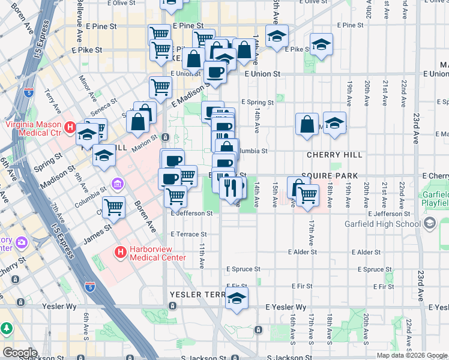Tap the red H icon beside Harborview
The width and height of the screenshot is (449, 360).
point(121,253)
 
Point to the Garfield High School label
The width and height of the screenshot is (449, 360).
point(382,224)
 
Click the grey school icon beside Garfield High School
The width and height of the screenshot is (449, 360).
point(429,223)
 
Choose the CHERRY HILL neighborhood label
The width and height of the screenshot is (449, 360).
point(334,155)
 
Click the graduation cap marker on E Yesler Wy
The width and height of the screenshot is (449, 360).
point(237,298)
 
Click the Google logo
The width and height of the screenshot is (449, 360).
point(20,352)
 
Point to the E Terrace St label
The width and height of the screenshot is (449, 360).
point(188,234)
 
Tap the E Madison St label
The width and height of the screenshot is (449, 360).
point(189,95)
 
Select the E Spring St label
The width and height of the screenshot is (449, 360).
point(257,103)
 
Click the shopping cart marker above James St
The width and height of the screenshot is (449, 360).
point(113,208)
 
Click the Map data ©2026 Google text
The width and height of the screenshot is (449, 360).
point(411,355)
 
